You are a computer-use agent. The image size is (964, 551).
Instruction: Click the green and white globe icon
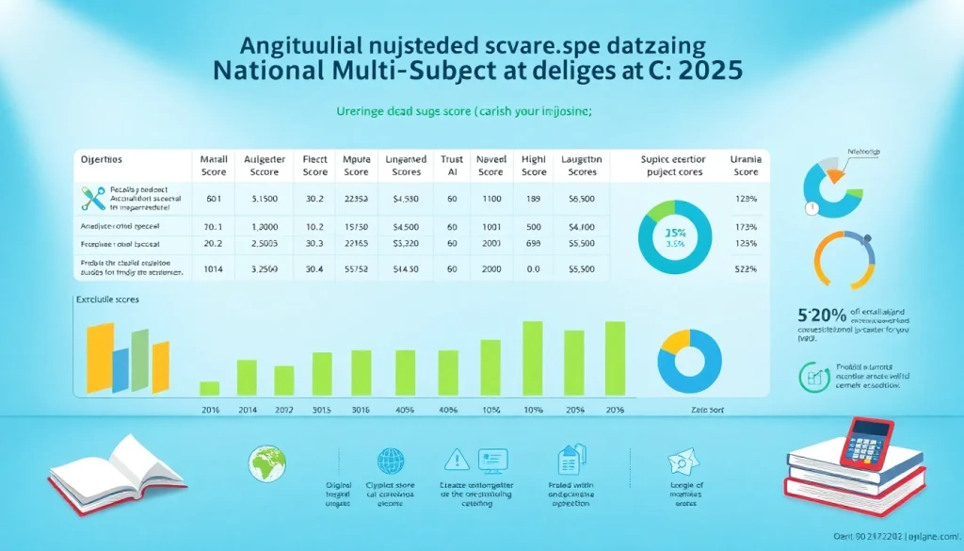tap(263, 462)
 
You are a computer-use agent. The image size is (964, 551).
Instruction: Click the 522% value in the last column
tap(746, 268)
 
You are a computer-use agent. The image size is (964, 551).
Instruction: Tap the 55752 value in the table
tap(356, 268)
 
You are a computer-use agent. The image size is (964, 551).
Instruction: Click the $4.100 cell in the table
tap(582, 227)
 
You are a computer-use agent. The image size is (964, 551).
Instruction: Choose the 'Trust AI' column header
tap(452, 166)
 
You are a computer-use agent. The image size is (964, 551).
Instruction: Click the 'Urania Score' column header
tap(746, 166)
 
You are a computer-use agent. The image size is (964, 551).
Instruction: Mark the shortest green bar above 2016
tap(209, 387)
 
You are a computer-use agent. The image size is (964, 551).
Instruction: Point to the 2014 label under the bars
tap(247, 411)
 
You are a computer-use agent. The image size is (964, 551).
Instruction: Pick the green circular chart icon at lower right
tap(810, 378)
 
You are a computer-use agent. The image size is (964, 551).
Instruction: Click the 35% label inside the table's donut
tap(673, 233)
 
